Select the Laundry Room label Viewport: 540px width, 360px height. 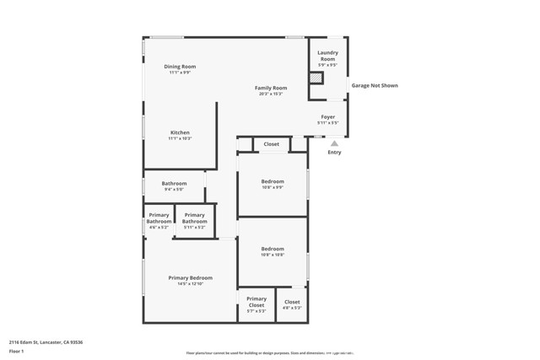pos(327,56)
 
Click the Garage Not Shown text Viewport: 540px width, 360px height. pos(375,85)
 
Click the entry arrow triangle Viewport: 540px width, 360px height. pos(334,143)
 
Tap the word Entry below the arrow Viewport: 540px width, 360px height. pos(334,153)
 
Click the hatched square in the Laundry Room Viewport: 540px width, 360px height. pos(316,78)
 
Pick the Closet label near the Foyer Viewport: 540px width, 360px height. pos(271,144)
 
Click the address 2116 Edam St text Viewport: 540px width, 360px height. pos(46,342)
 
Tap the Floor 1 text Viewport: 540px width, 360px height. pos(16,351)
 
